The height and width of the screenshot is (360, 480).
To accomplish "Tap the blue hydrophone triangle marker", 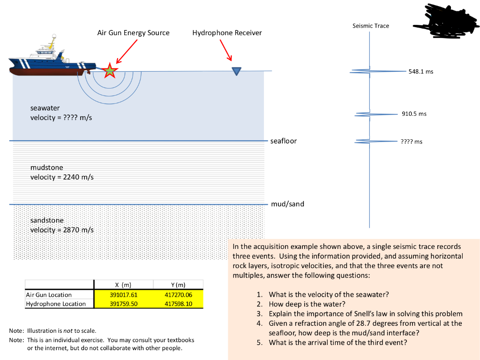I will (236, 71).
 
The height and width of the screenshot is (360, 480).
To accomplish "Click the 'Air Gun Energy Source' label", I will (133, 33).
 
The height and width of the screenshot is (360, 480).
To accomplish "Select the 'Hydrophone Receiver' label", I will (227, 33).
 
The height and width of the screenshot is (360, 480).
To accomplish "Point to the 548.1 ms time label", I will (420, 72).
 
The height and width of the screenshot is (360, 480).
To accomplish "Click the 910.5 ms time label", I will (414, 114).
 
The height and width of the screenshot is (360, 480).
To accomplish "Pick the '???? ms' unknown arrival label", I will (411, 142).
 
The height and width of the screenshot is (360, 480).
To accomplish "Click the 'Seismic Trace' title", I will (370, 26).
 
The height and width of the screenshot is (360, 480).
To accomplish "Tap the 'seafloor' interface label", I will (283, 141).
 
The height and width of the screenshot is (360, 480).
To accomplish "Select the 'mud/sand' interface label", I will (287, 204).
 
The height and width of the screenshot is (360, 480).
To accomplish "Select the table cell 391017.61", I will (124, 295).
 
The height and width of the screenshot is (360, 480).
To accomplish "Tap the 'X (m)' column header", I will (124, 285).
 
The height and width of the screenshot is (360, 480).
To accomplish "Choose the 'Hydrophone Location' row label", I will (56, 304).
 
